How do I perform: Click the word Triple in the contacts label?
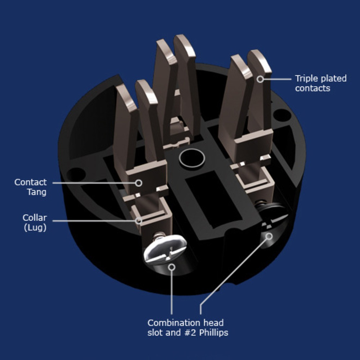(306, 78)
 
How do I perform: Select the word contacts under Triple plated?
(312, 88)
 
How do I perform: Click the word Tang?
(37, 192)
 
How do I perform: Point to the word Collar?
(35, 218)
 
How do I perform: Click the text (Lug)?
(35, 228)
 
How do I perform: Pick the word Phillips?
(213, 333)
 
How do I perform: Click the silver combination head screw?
(165, 249)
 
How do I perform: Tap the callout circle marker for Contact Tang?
(139, 183)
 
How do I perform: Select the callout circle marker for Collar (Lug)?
(139, 221)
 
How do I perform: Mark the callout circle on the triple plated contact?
(260, 79)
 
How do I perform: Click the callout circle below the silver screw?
(172, 267)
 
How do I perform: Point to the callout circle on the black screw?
(269, 236)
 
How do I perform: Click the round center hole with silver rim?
(192, 158)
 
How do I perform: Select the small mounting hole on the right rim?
(282, 115)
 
